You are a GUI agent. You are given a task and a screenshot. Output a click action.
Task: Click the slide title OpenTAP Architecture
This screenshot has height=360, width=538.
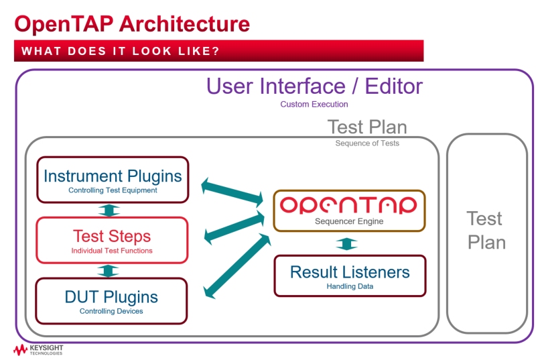pyautogui.click(x=132, y=25)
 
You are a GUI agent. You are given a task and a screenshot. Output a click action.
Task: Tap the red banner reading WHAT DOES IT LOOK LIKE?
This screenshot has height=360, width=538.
pyautogui.click(x=218, y=51)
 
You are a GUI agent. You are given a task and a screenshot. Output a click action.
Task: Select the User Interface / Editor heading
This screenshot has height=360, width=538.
pyautogui.click(x=314, y=86)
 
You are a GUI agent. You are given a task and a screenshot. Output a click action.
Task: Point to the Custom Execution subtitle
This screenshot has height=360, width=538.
pyautogui.click(x=314, y=105)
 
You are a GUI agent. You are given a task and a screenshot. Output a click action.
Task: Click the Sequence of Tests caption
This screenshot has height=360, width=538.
pyautogui.click(x=367, y=143)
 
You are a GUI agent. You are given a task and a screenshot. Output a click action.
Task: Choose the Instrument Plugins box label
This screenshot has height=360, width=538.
pyautogui.click(x=113, y=176)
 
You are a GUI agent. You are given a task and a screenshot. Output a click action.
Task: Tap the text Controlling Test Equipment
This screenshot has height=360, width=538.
pyautogui.click(x=113, y=190)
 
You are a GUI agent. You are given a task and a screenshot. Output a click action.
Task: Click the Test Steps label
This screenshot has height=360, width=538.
pyautogui.click(x=112, y=236)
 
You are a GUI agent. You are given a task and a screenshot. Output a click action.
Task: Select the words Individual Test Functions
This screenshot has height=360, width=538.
pyautogui.click(x=112, y=251)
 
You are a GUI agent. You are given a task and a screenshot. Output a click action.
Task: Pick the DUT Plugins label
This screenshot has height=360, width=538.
pyautogui.click(x=111, y=297)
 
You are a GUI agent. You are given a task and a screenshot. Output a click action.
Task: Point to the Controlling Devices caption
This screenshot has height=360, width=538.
pyautogui.click(x=111, y=311)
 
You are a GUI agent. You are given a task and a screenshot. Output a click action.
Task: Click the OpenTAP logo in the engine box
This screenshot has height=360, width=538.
pyautogui.click(x=348, y=205)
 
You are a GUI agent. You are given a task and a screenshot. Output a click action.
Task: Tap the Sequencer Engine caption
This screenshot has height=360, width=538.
pyautogui.click(x=349, y=221)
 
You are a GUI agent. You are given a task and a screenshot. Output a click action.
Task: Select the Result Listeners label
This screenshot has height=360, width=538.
pyautogui.click(x=350, y=272)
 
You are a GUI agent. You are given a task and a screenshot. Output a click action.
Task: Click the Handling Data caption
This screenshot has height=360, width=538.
pyautogui.click(x=350, y=286)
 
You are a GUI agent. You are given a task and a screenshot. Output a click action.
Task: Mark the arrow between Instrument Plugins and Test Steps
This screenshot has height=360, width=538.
pyautogui.click(x=109, y=211)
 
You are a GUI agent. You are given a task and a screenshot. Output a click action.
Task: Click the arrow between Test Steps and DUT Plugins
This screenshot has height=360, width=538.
pyautogui.click(x=108, y=271)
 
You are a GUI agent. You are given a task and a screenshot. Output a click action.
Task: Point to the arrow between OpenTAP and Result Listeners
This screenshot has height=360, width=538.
pyautogui.click(x=346, y=243)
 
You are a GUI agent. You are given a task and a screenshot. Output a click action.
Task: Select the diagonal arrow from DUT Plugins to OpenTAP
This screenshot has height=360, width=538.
pyautogui.click(x=237, y=266)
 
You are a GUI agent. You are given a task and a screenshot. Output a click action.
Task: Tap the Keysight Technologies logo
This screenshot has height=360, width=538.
pyautogui.click(x=38, y=350)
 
